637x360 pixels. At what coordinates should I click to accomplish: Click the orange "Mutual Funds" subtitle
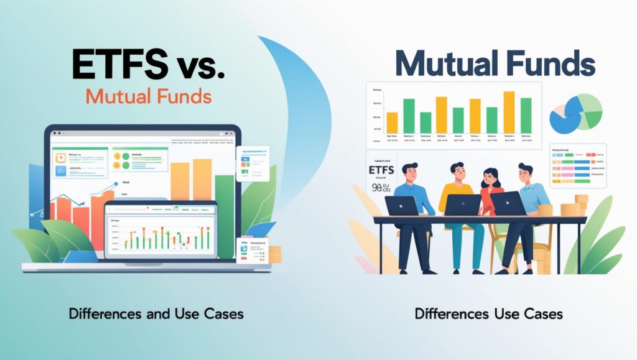(147, 97)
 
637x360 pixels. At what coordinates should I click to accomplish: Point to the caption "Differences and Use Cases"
(156, 314)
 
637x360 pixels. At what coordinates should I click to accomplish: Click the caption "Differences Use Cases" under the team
(488, 314)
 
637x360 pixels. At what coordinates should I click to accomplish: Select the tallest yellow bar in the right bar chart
(508, 112)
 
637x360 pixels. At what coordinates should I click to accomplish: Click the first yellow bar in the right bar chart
(392, 122)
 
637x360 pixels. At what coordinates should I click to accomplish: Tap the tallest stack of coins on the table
(582, 205)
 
